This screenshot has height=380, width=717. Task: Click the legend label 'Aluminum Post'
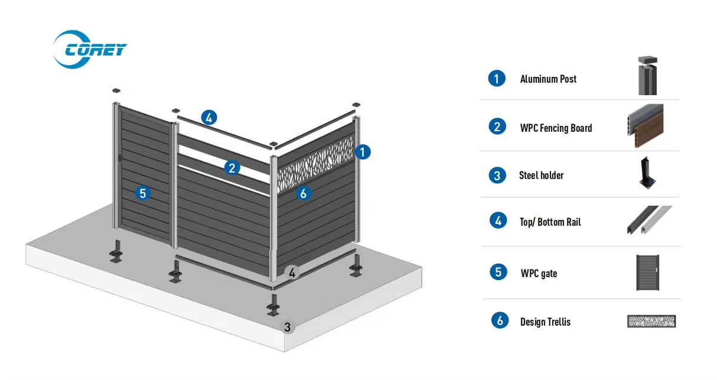[548, 79]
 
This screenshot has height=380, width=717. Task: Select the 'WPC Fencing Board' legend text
[556, 128]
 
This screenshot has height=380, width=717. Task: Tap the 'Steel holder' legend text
[541, 175]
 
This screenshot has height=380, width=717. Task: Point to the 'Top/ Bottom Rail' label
[550, 222]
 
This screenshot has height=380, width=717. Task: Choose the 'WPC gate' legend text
[539, 273]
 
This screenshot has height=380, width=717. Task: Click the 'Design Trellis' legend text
[545, 321]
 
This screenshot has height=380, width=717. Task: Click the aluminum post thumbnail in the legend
[647, 76]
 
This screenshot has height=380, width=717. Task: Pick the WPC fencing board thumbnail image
[645, 126]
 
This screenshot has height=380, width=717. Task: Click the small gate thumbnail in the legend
[647, 272]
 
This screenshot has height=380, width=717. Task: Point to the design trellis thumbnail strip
[651, 321]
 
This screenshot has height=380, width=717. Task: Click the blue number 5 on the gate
[142, 193]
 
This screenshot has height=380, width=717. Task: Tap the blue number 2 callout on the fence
[232, 168]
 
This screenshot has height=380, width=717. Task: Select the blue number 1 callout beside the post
[363, 152]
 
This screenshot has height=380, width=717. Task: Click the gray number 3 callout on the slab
[288, 326]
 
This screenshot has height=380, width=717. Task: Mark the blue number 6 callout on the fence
[303, 193]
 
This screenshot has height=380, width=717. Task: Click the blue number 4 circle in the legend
[498, 220]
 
